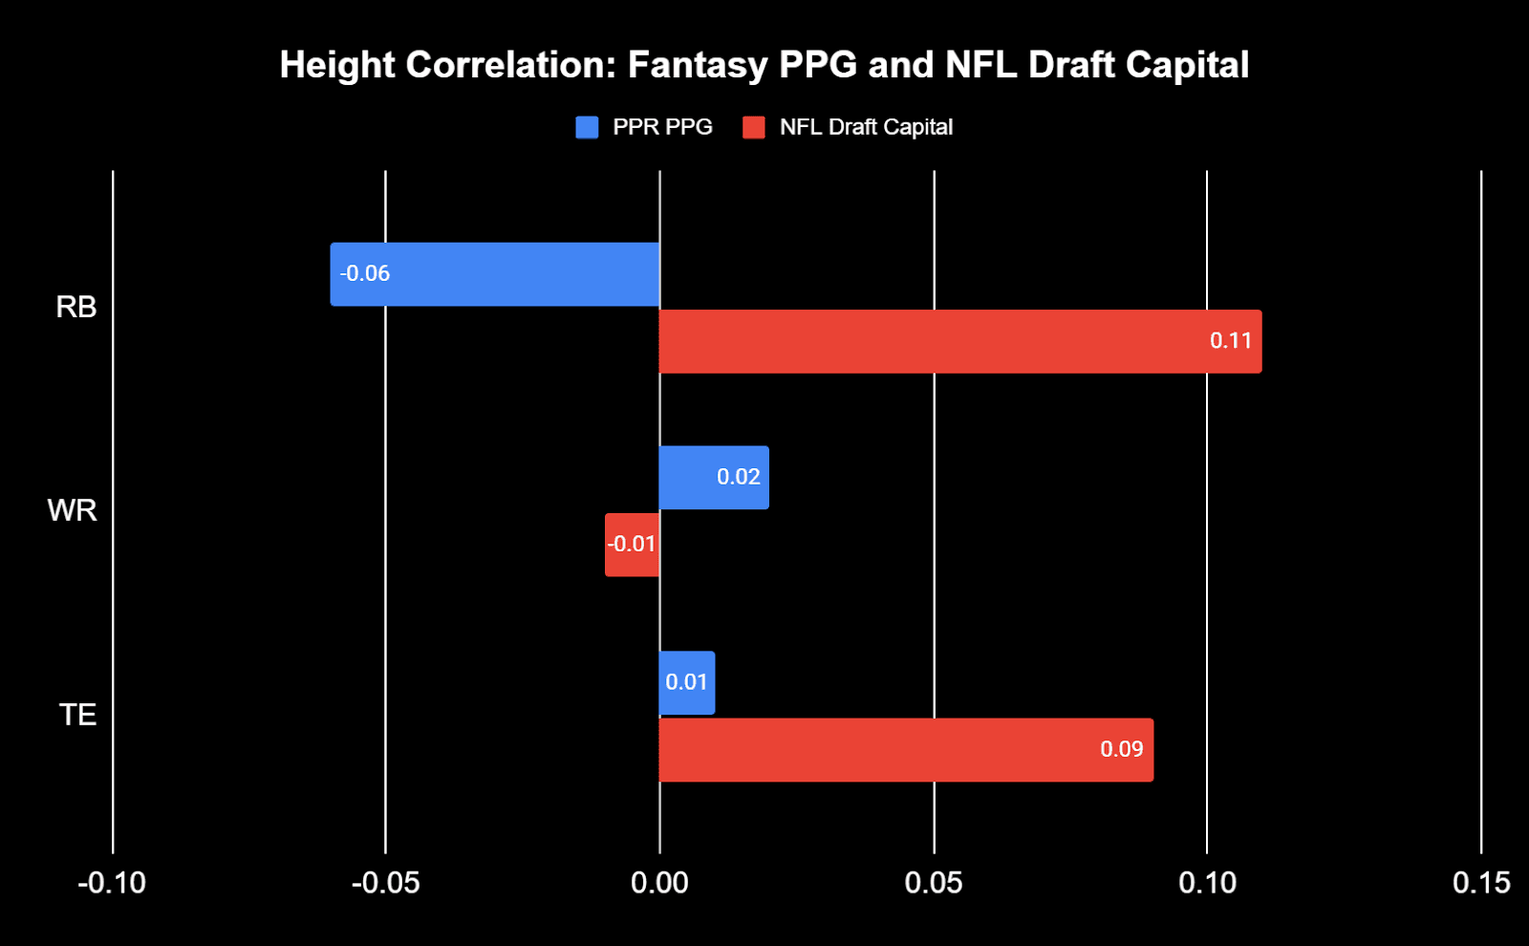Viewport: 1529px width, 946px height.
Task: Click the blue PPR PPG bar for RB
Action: [495, 274]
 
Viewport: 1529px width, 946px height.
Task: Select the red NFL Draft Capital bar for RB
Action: [959, 341]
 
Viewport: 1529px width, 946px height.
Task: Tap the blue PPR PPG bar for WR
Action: [714, 478]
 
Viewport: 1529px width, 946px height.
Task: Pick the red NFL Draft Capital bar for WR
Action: [632, 545]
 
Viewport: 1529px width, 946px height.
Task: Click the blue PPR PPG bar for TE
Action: [686, 682]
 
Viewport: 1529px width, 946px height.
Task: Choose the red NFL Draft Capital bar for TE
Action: [906, 750]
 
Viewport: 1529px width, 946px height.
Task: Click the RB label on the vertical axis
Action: [76, 307]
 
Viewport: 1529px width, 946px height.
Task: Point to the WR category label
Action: [73, 510]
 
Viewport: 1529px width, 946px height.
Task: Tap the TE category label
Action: [77, 715]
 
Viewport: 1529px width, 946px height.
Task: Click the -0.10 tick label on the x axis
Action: [112, 883]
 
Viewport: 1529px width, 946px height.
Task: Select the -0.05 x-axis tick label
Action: [385, 883]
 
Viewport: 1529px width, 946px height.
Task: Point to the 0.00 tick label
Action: [659, 883]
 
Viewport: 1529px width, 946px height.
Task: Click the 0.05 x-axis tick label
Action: [934, 883]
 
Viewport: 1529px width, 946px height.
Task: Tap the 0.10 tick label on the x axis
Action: [1207, 883]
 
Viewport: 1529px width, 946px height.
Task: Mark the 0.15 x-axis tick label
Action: [1481, 883]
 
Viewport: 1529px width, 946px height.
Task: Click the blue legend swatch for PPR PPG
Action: [587, 127]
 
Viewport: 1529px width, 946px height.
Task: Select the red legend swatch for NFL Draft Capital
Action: [754, 127]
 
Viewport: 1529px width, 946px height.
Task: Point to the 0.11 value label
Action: [1230, 341]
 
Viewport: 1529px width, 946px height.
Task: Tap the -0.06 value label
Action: [365, 274]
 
